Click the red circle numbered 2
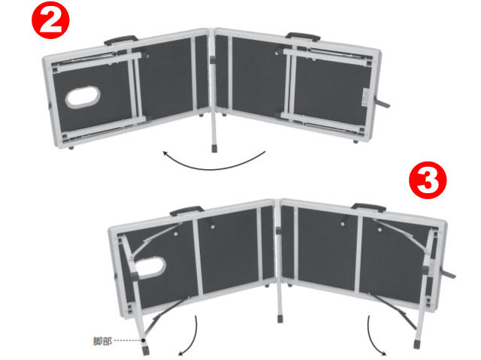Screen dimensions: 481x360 point(50,20)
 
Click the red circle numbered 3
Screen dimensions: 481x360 point(428,180)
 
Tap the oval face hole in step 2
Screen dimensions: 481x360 point(83,98)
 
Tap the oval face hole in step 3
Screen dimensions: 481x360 point(151,268)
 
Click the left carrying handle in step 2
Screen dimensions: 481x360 point(120,40)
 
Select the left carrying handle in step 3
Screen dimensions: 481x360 point(186,210)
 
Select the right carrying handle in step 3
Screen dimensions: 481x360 point(369,207)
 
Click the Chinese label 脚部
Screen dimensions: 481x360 point(102,341)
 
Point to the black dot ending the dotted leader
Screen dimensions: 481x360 point(144,340)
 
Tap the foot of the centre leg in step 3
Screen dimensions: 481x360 point(280,319)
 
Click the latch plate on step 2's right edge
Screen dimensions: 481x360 point(365,98)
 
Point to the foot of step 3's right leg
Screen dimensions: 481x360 point(416,344)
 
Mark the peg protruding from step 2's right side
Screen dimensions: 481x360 point(383,103)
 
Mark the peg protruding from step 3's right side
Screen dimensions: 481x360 point(448,274)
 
